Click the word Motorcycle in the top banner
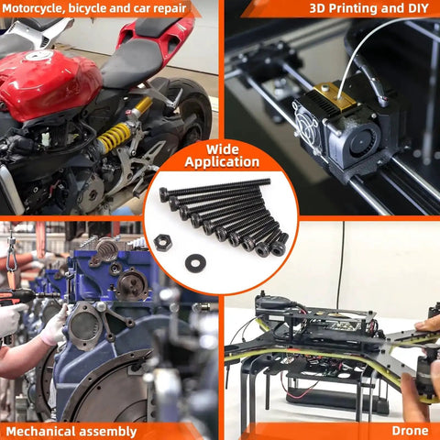33,8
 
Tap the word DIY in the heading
417,8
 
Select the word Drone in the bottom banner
410,431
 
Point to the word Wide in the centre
222,149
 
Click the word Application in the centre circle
222,162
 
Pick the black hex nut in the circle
162,243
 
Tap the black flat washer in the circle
195,263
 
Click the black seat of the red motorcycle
131,61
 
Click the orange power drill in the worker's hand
18,296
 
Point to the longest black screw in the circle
214,187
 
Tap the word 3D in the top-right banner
317,8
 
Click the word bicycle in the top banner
87,8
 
